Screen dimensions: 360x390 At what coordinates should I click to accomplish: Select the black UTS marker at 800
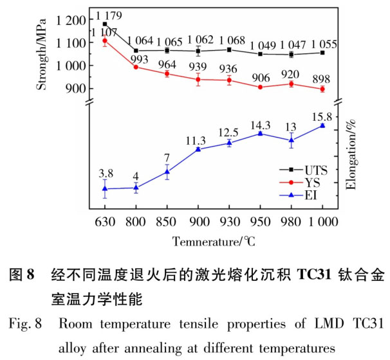pyautogui.click(x=136, y=50)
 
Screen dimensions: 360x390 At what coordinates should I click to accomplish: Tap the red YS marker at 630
pyautogui.click(x=105, y=40)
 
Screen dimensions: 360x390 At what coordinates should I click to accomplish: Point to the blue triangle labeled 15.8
pyautogui.click(x=322, y=125)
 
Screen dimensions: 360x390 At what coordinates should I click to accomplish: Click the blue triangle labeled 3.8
pyautogui.click(x=105, y=188)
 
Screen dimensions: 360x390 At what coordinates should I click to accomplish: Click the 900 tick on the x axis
pyautogui.click(x=198, y=222)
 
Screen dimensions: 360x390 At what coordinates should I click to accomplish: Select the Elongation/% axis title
pyautogui.click(x=352, y=155)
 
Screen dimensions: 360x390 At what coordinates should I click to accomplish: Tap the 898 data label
pyautogui.click(x=321, y=78)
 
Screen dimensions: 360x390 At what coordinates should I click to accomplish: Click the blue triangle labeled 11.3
pyautogui.click(x=198, y=149)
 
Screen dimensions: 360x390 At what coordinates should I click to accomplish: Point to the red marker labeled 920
pyautogui.click(x=291, y=84)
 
